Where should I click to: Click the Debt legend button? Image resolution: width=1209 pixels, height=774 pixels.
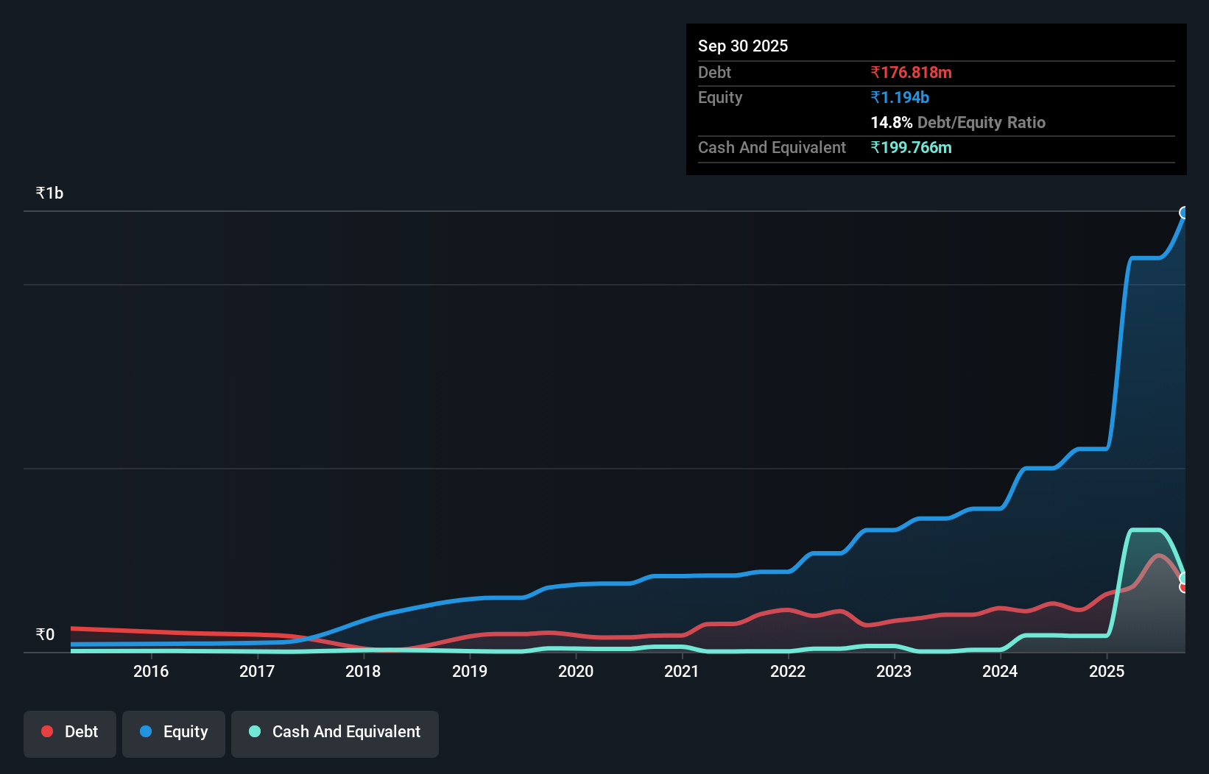pos(70,732)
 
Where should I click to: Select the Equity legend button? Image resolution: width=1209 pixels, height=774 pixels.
pos(174,732)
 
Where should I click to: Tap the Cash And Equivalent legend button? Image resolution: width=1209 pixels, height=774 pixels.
pos(335,732)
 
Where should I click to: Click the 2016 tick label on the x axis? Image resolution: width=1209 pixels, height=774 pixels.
pos(151,671)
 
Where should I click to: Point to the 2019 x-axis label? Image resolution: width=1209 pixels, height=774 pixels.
pos(470,671)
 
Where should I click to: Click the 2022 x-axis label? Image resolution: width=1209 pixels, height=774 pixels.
pos(788,671)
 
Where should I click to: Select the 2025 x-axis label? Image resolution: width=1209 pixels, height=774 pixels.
pos(1107,671)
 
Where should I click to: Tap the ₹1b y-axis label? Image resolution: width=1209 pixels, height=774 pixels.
pos(49,193)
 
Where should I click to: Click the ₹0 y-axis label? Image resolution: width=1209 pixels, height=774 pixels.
pos(45,634)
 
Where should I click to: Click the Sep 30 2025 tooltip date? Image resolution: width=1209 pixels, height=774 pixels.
pos(742,46)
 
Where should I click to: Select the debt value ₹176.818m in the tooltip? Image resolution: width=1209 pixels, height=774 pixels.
pos(911,73)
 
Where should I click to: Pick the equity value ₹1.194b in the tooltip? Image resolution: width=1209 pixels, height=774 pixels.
pos(900,98)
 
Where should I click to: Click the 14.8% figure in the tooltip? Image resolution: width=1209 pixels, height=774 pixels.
pos(891,123)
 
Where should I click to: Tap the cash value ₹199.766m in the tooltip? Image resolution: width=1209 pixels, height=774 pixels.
pos(911,148)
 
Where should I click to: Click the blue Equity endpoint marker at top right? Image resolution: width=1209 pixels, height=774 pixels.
pos(1184,213)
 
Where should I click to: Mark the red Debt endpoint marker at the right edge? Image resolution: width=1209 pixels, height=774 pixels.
pos(1184,587)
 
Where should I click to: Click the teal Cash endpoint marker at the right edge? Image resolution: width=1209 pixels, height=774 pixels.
pos(1184,578)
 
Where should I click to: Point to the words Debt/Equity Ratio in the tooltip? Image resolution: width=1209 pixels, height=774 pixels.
pos(981,123)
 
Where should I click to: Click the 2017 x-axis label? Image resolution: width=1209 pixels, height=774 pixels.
pos(257,671)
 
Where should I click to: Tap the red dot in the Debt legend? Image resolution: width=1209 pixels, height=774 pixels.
pos(47,731)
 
